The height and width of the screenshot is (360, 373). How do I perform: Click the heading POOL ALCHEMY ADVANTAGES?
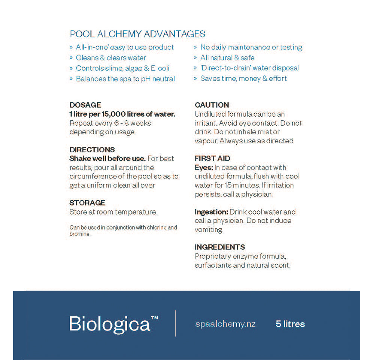tap(137, 34)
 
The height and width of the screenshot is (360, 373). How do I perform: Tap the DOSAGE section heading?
tap(85, 105)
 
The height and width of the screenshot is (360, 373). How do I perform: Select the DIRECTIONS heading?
tap(92, 150)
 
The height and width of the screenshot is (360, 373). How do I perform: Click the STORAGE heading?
tap(87, 203)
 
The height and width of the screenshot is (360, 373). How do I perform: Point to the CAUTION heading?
tap(212, 105)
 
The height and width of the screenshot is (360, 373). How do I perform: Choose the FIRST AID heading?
tap(212, 158)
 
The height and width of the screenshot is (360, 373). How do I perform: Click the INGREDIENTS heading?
tap(220, 247)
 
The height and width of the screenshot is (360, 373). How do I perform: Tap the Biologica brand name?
tap(110, 324)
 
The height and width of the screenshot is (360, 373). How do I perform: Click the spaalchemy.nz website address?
tap(225, 324)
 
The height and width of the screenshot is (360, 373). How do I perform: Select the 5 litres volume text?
tap(290, 324)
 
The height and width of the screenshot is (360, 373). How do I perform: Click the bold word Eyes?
tap(204, 167)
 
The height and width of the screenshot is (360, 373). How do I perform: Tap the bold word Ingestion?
tap(211, 212)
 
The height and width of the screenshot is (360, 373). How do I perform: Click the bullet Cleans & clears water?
tap(111, 58)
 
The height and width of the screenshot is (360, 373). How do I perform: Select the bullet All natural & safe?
tap(227, 58)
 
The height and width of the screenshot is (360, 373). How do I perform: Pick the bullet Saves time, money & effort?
tap(243, 78)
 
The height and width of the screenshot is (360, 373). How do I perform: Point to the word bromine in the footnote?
tap(80, 234)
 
